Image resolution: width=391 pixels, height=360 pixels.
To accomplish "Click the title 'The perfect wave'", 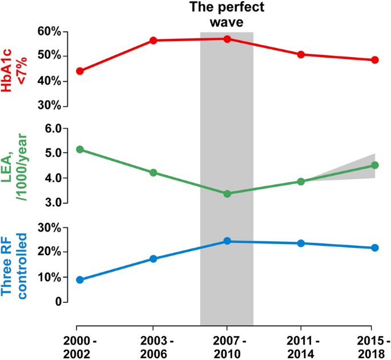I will [227, 15].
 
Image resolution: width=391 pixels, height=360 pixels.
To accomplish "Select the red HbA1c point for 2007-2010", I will [227, 39].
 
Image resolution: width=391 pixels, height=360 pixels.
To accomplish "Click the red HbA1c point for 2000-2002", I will [80, 71].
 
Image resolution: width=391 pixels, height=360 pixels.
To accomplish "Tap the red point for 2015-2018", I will [375, 60].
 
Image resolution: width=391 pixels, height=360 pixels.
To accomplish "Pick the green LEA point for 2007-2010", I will [227, 194].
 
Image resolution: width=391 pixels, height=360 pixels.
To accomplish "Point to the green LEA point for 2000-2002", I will [80, 149].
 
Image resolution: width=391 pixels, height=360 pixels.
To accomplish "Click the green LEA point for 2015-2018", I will [375, 165].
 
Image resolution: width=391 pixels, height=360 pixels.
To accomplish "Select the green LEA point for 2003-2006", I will [154, 173].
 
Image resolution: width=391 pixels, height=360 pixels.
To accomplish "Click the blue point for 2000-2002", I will [80, 280].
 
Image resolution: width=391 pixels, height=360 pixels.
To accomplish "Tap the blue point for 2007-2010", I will [227, 241].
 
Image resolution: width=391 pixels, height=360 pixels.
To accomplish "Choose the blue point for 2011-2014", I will [301, 243].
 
